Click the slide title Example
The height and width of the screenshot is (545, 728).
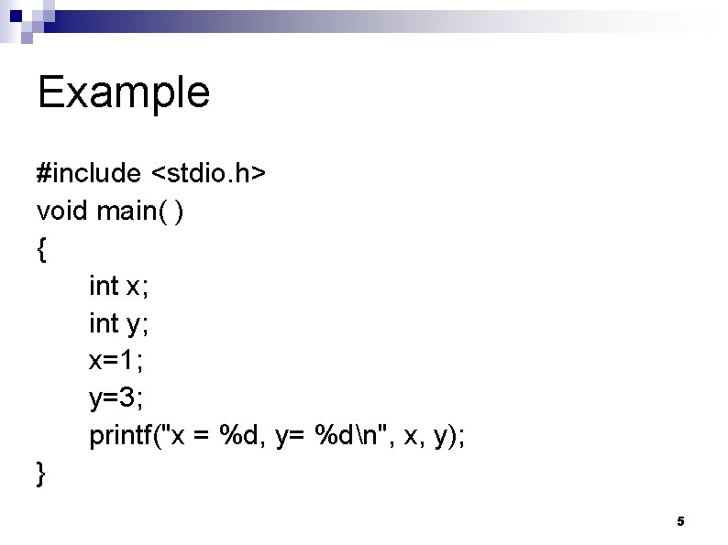click(124, 93)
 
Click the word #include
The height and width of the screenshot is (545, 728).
click(89, 173)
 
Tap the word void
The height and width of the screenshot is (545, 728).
click(62, 212)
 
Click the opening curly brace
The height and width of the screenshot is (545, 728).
click(41, 250)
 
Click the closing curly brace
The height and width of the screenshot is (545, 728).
click(41, 474)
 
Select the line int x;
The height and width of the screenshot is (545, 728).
click(119, 287)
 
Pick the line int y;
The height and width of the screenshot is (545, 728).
click(119, 324)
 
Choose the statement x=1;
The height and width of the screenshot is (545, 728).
click(116, 361)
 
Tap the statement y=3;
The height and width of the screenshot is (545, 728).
click(116, 398)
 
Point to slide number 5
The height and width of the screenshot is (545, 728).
click(680, 521)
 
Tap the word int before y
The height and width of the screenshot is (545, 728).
click(104, 324)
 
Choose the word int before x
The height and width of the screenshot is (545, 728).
click(104, 287)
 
